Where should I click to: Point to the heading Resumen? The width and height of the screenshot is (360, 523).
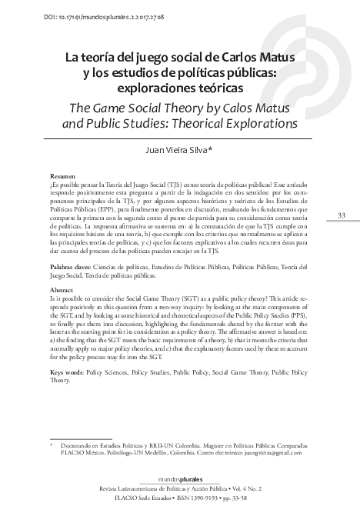(x=62, y=176)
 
